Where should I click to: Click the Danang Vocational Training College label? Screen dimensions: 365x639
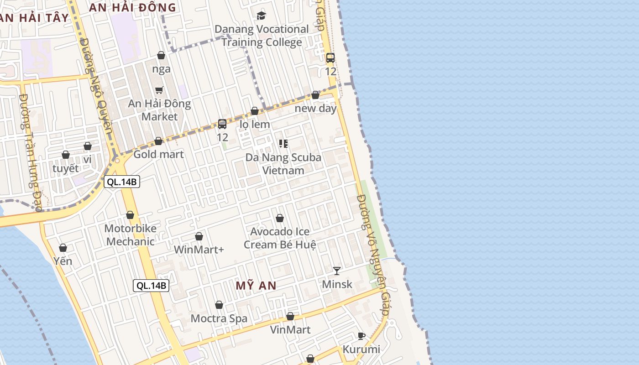(x=262, y=36)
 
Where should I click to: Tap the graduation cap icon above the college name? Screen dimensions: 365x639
(x=261, y=16)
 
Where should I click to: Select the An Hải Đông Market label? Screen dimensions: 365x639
(x=159, y=110)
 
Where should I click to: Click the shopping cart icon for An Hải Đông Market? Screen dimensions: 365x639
(x=159, y=90)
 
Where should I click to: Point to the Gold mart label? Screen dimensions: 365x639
(x=158, y=154)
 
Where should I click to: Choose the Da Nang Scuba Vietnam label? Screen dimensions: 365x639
(x=283, y=164)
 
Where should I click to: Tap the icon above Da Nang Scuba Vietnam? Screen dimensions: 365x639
(x=283, y=144)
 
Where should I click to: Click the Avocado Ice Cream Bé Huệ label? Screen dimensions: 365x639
(x=280, y=238)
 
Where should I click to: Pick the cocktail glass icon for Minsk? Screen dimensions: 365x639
(x=337, y=271)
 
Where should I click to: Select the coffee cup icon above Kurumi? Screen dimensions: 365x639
(x=361, y=336)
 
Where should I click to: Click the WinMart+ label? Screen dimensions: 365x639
(x=199, y=250)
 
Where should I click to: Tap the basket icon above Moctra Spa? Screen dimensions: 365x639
(x=219, y=305)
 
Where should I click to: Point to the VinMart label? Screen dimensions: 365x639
(x=290, y=329)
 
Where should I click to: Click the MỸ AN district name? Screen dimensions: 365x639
(x=256, y=286)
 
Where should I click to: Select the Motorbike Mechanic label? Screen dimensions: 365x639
(x=131, y=235)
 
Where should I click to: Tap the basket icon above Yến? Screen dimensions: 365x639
(x=63, y=248)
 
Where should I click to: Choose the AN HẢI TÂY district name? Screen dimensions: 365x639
(x=34, y=18)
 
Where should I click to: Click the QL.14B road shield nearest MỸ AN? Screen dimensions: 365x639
(x=152, y=286)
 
